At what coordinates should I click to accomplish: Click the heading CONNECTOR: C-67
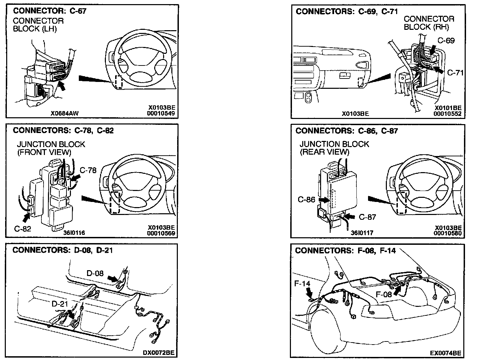pyautogui.click(x=50, y=11)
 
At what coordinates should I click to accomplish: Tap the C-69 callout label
pyautogui.click(x=446, y=40)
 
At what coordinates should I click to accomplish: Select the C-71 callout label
pyautogui.click(x=455, y=73)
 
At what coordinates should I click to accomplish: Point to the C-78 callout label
pyautogui.click(x=88, y=170)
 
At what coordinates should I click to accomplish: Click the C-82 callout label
pyautogui.click(x=23, y=229)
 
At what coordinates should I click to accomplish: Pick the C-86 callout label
pyautogui.click(x=306, y=199)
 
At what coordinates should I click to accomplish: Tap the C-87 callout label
pyautogui.click(x=367, y=217)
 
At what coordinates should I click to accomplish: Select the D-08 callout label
pyautogui.click(x=95, y=273)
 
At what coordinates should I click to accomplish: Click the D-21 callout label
pyautogui.click(x=60, y=304)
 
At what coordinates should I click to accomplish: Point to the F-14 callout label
pyautogui.click(x=302, y=284)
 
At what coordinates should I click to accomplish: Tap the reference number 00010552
pyautogui.click(x=447, y=114)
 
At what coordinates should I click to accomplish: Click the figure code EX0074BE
pyautogui.click(x=445, y=353)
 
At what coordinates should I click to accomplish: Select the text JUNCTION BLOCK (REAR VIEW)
pyautogui.click(x=334, y=148)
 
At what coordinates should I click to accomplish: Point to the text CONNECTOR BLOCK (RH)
pyautogui.click(x=429, y=23)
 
